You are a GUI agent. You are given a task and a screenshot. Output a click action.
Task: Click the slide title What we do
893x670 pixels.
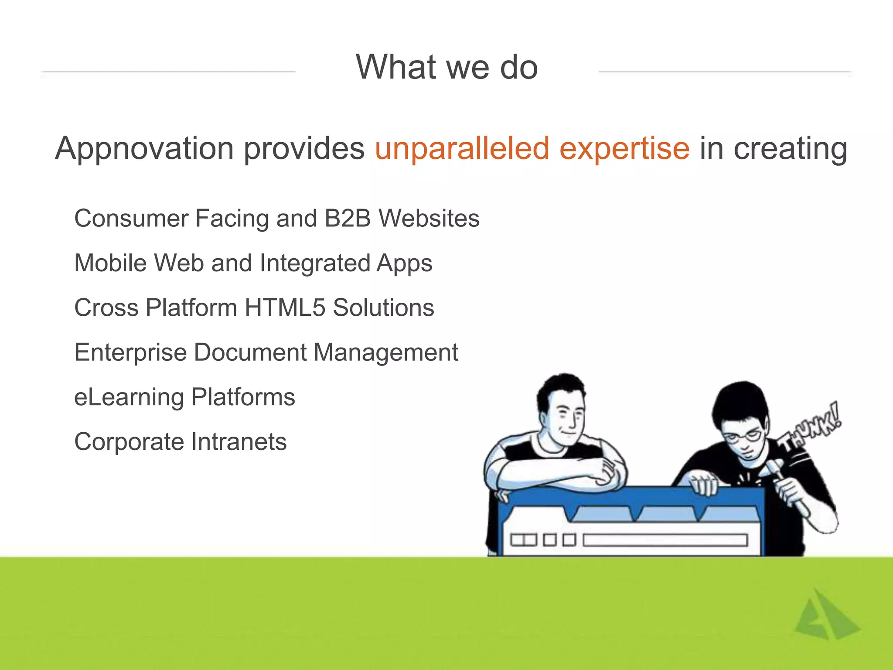pos(446,68)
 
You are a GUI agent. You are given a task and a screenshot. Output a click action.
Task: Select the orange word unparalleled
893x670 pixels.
pos(462,149)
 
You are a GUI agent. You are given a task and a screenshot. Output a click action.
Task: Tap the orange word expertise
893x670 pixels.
pos(624,149)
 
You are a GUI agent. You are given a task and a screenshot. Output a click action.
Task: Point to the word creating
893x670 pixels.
pos(790,149)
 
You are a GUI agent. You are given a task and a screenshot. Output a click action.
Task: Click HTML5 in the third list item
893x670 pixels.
pos(285,308)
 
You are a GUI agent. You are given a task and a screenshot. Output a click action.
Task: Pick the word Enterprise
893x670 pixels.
pos(130,352)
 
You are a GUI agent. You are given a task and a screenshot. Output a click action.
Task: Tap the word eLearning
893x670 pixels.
pos(129,397)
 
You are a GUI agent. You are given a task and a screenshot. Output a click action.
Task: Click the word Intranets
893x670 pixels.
pos(239,442)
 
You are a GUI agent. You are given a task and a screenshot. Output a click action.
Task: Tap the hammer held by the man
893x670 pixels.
pos(785,484)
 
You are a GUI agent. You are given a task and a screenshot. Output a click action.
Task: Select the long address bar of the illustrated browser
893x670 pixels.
pos(665,540)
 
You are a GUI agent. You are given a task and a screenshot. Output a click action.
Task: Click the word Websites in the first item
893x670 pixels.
pos(429,218)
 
